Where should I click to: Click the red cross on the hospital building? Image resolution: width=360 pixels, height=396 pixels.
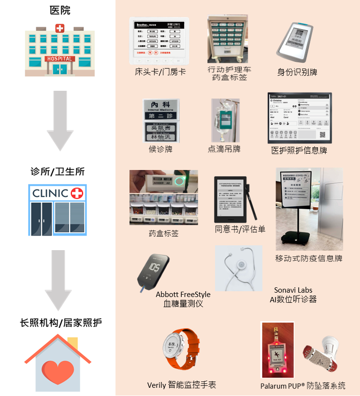tap(59, 29)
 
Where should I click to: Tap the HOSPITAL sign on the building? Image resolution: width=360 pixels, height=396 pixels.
tap(59, 59)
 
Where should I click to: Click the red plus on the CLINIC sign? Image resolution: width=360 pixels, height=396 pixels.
tap(76, 194)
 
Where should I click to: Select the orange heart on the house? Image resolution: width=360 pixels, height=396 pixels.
tap(59, 366)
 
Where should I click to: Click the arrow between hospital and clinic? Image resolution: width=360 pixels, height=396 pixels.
tap(59, 121)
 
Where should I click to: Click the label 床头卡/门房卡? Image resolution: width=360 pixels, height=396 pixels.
tap(160, 72)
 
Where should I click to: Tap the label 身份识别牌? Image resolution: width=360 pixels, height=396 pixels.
tap(297, 72)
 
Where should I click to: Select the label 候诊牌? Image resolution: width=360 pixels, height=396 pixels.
tap(160, 149)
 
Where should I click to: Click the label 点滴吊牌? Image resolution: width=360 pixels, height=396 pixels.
tap(224, 149)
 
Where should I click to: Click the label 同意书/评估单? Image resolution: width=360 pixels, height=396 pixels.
tap(240, 229)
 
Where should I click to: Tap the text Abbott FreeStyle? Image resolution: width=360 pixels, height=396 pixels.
tap(183, 295)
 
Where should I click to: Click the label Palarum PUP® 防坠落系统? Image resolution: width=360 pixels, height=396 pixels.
tap(302, 386)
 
